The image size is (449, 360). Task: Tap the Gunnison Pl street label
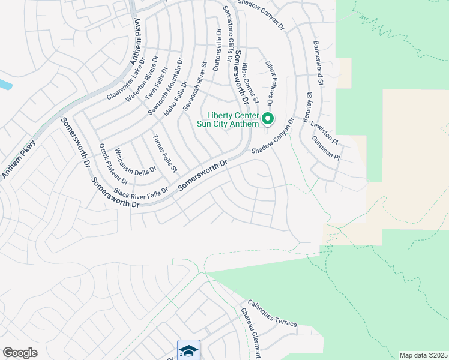tap(326, 148)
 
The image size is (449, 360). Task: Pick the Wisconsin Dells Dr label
tap(136, 161)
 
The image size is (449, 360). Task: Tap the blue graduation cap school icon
tap(188, 350)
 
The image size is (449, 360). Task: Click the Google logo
tap(20, 353)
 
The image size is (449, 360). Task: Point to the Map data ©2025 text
tap(423, 355)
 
